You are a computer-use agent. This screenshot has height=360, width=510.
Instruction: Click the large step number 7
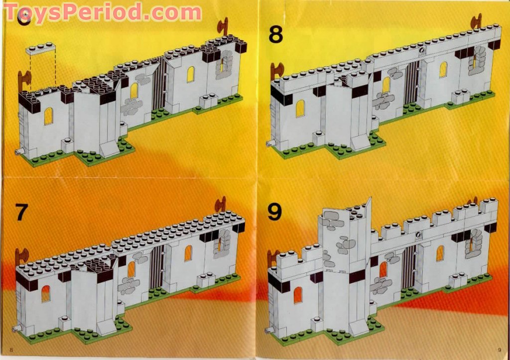pos(20,212)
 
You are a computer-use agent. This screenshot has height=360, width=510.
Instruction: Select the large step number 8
pos(275,35)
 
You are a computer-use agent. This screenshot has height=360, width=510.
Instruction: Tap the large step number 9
pos(274,212)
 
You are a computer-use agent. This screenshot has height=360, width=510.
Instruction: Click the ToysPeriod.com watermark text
pos(102,12)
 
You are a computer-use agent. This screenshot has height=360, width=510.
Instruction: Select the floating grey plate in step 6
pos(41,48)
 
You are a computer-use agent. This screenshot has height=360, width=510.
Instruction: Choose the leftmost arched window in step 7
pos(46,294)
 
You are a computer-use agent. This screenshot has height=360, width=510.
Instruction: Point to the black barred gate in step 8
pos(412,79)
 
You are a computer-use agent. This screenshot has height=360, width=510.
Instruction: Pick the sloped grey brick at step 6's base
pos(109,147)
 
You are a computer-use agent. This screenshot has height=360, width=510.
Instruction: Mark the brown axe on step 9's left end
pos(272,257)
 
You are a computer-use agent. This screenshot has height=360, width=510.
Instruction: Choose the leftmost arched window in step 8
pos(300,108)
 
